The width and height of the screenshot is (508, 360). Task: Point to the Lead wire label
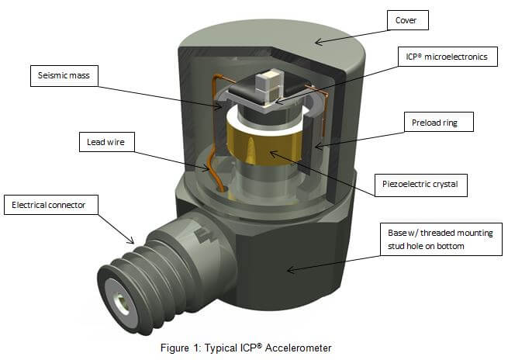(x=108, y=142)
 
